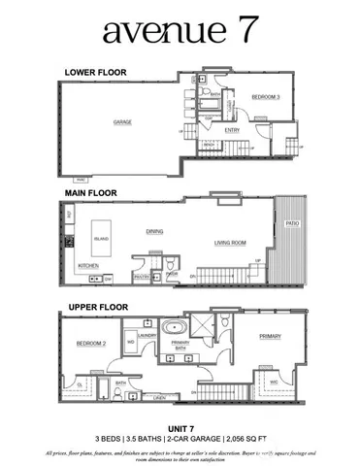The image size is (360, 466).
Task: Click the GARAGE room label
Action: (x=122, y=122)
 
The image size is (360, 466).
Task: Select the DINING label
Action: (x=154, y=231)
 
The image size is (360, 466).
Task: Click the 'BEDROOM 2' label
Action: (x=91, y=344)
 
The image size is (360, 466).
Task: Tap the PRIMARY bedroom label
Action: (x=270, y=337)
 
